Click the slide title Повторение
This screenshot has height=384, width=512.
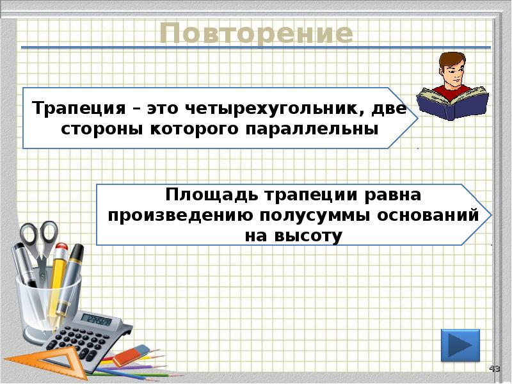pos(256,34)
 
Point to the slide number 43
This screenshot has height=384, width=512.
pos(494,369)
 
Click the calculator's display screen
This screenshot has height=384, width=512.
pos(98,320)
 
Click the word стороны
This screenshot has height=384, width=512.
pos(95,129)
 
